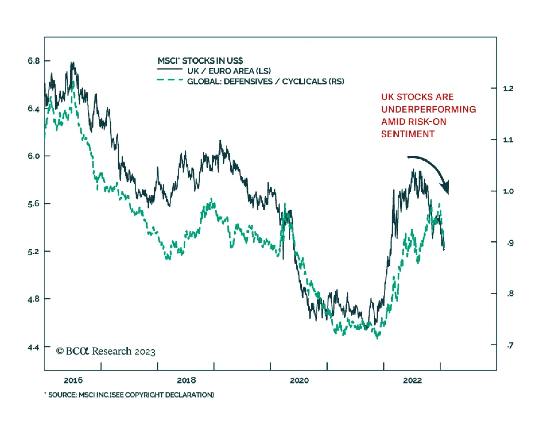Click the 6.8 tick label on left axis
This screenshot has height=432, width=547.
coord(34,61)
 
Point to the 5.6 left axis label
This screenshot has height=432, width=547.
coord(34,204)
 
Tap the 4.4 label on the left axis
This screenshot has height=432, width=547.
coord(34,347)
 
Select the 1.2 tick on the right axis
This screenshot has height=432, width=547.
coord(508,89)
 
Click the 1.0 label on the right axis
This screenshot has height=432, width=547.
coord(508,191)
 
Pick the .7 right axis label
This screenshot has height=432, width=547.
coord(510,345)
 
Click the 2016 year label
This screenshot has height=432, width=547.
coord(73,380)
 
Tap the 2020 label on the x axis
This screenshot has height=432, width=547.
coord(299,380)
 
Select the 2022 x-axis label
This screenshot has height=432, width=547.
coord(412,380)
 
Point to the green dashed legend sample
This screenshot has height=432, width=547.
coord(170,80)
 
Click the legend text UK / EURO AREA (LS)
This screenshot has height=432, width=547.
coord(229,71)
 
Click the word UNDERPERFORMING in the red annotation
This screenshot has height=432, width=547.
coord(428,109)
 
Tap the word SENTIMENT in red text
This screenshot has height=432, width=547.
coord(408,134)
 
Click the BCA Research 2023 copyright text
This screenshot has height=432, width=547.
coord(106,351)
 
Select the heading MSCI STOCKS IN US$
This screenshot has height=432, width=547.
coord(200,61)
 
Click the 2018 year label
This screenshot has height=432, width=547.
coord(186,380)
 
